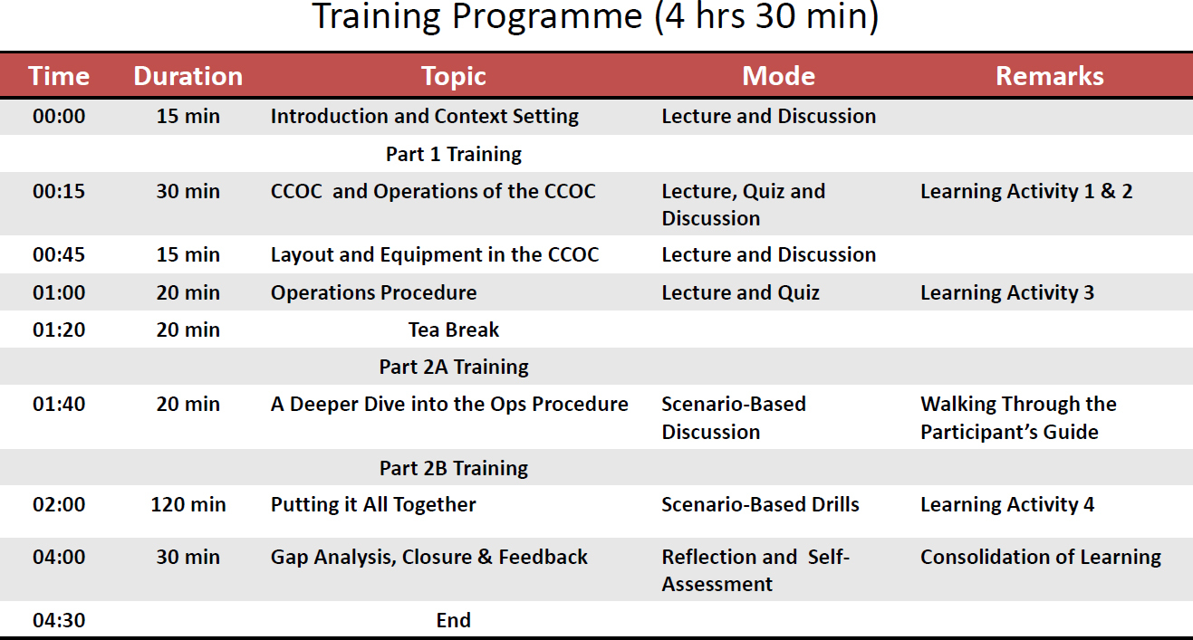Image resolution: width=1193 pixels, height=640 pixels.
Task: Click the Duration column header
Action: [x=188, y=76]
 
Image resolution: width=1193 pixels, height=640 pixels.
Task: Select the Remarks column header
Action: [x=1050, y=76]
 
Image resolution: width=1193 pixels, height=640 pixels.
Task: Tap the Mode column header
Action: [x=779, y=76]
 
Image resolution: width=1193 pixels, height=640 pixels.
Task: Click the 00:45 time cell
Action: [x=59, y=254]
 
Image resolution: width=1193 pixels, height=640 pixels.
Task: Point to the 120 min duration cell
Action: [x=188, y=504]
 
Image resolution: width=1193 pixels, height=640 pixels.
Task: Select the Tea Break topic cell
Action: [x=454, y=330]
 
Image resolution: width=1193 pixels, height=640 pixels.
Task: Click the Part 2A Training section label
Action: [x=454, y=367]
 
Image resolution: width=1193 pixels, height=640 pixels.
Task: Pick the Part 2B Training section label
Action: [x=454, y=468]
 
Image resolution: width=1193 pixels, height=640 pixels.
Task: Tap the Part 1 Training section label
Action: [x=454, y=154]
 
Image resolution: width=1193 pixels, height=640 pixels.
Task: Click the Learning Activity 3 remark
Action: [x=1007, y=292]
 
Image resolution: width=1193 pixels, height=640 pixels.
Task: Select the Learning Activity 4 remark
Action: [x=1007, y=504]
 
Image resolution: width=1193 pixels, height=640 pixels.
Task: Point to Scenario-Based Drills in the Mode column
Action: [x=761, y=504]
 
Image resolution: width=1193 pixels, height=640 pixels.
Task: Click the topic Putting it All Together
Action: [x=373, y=504]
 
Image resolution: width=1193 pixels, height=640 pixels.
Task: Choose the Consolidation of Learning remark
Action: [x=1041, y=557]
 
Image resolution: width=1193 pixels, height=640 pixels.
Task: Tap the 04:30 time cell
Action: [x=59, y=620]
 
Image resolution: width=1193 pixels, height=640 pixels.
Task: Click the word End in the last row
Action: [x=453, y=620]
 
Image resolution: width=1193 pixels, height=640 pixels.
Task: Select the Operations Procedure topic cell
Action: [x=373, y=292]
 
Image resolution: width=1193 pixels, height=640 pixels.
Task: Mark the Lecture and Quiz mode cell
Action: [x=740, y=292]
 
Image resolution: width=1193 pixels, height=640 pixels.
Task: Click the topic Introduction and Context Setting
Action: [x=425, y=116]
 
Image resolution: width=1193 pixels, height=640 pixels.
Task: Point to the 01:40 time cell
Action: [x=59, y=404]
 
